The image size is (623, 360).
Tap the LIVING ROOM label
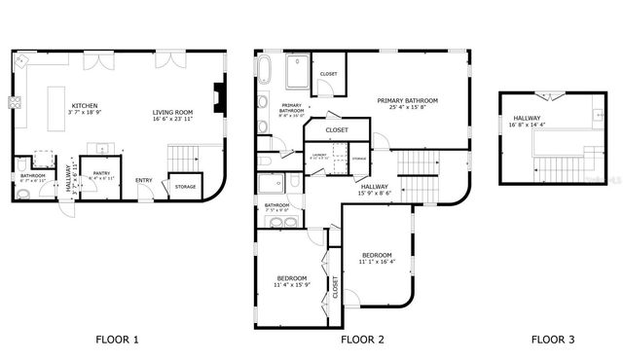point(171,113)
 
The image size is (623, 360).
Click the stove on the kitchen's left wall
point(16,101)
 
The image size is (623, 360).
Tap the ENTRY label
point(144,180)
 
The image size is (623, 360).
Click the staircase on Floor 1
point(183,157)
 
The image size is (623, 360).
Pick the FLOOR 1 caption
point(118,340)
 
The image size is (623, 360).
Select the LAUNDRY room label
point(318,154)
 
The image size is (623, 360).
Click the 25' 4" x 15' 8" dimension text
point(408,108)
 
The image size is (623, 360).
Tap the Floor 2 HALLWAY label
point(375,186)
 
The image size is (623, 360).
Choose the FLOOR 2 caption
point(362,340)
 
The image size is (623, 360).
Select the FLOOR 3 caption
point(553,340)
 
